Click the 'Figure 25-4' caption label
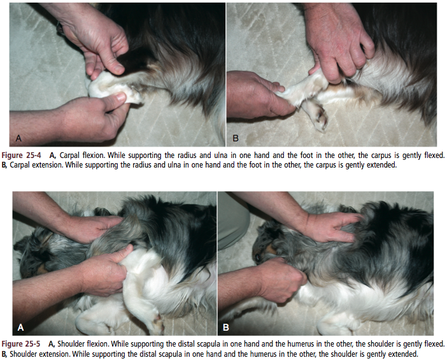[x=21, y=155]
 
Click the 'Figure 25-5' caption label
[x=21, y=343]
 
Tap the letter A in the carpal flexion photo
[x=19, y=138]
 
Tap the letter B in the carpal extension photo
[x=236, y=138]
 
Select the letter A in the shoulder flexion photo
[x=20, y=328]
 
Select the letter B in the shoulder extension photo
[x=226, y=328]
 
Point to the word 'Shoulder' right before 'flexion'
[x=71, y=343]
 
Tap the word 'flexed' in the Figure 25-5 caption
[x=434, y=343]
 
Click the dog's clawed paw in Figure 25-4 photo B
[x=318, y=117]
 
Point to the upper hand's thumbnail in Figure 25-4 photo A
[x=118, y=68]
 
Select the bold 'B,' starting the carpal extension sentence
[x=4, y=165]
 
